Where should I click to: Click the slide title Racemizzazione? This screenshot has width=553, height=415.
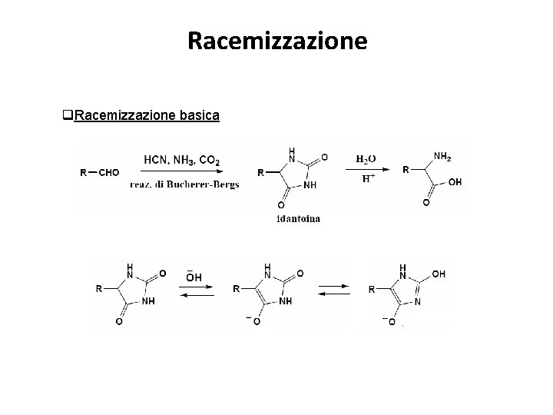[x=277, y=40]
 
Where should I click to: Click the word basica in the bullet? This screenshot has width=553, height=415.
[x=199, y=116]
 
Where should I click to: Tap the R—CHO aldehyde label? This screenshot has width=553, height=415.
[x=100, y=173]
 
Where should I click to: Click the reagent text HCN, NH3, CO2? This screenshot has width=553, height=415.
[x=181, y=160]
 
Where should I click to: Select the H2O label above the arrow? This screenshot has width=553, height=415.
[x=367, y=159]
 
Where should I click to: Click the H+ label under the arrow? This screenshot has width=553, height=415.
[x=368, y=179]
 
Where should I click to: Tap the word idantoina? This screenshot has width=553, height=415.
[x=299, y=219]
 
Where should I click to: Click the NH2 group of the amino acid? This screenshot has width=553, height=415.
[x=443, y=157]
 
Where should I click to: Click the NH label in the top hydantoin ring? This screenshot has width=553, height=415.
[x=310, y=184]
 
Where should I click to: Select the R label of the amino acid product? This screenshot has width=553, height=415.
[x=406, y=170]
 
